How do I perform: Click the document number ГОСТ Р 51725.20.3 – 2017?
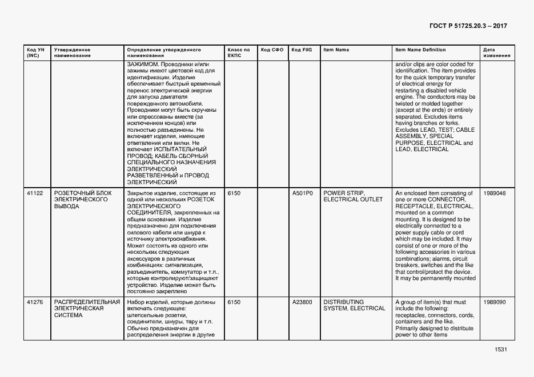point(468,26)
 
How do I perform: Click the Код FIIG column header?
point(301,50)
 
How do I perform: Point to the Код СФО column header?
point(272,50)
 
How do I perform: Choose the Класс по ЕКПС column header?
point(239,53)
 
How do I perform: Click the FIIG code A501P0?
point(302,193)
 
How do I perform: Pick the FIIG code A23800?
point(302,302)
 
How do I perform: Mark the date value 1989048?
point(494,193)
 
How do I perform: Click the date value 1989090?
point(494,302)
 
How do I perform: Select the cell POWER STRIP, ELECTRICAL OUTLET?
point(352,197)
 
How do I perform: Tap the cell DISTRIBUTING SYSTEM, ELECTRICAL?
point(354,305)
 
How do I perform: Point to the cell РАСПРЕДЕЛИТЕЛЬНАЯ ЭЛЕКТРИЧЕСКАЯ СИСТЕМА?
point(87,309)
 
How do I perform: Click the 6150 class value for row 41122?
point(234,193)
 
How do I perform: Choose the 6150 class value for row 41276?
point(234,302)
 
